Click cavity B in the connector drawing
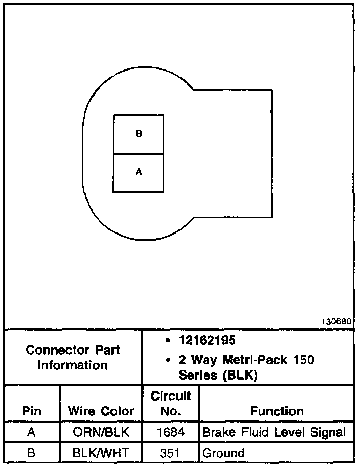139,134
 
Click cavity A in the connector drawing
139,173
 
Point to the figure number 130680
336,322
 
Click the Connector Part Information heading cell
73,358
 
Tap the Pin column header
32,411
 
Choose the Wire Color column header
101,411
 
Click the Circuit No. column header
171,403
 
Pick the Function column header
277,411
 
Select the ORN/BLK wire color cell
101,433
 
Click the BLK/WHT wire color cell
101,453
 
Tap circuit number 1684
171,433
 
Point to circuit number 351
171,453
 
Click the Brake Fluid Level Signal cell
274,433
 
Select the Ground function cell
223,453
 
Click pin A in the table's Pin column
32,433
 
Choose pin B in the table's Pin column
32,453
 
